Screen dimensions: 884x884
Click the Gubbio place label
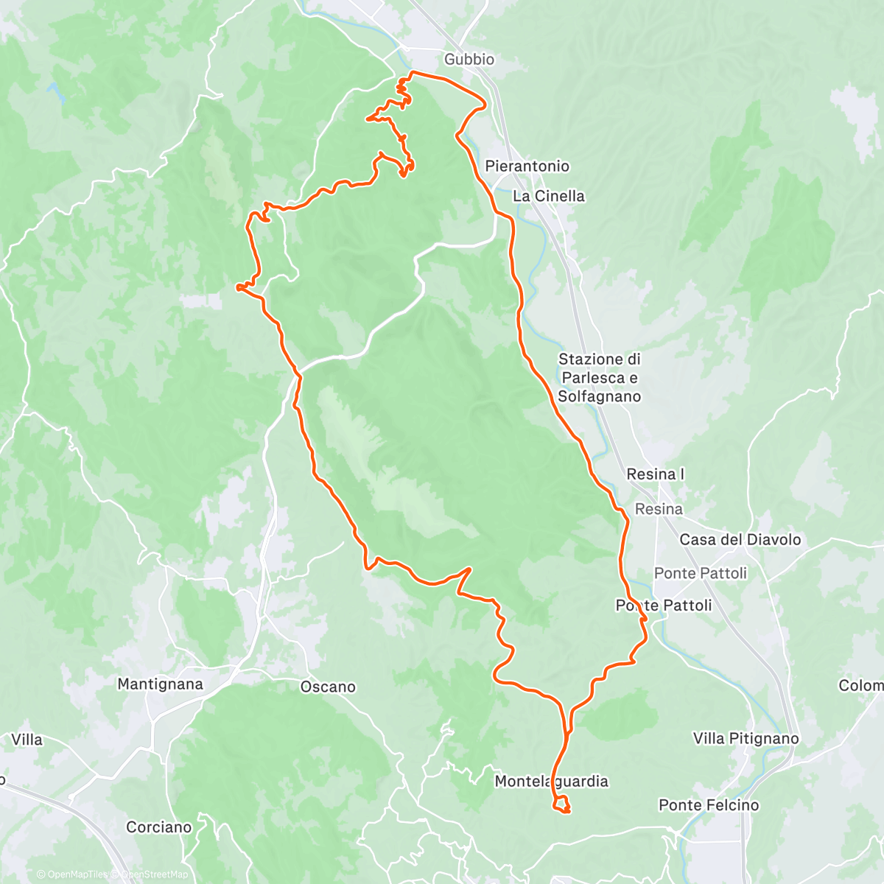pos(469,59)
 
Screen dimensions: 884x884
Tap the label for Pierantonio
pos(527,166)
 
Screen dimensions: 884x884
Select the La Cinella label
pos(549,196)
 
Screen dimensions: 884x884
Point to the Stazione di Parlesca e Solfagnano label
pos(599,378)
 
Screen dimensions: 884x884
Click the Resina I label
pos(655,474)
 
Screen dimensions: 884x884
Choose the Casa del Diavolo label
pos(740,539)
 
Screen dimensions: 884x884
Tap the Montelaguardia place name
pos(551,781)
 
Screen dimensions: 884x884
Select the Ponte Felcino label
pos(709,805)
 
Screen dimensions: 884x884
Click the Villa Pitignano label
pos(746,738)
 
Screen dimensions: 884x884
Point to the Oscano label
pos(328,687)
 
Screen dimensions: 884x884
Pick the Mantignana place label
pos(160,684)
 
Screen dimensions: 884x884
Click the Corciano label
pos(158,827)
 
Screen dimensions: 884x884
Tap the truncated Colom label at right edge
pos(861,686)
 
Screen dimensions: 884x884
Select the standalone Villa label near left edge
pos(27,740)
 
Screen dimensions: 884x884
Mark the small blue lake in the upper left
pos(55,92)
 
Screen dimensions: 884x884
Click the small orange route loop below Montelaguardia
pos(561,805)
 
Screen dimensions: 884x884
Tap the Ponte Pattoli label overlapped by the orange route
pos(664,606)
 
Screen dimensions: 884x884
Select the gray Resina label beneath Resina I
pos(659,509)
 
